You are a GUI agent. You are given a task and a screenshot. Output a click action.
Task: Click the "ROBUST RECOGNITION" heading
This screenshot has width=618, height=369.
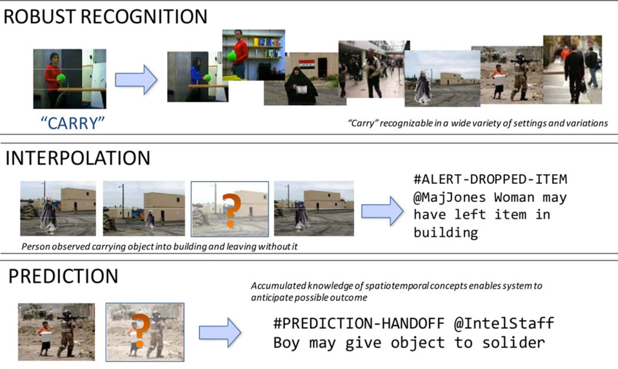[x=106, y=16]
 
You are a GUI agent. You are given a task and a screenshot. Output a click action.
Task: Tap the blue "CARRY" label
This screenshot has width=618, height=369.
[x=72, y=123]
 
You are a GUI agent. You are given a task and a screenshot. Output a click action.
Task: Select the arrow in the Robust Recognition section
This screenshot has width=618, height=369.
[x=136, y=79]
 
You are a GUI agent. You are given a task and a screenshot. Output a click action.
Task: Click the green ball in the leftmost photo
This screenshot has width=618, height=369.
[x=61, y=78]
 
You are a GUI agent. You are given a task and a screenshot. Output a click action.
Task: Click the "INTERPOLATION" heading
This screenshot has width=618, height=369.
[x=77, y=158]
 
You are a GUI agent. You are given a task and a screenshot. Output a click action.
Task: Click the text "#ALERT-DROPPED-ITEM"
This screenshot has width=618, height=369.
[x=490, y=179]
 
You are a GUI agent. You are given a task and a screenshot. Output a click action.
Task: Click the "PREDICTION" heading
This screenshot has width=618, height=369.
[x=63, y=276]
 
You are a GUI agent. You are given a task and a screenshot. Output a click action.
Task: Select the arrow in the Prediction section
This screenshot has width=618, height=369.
[x=219, y=333]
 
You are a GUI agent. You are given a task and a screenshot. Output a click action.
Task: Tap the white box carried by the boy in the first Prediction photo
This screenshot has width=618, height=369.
[x=45, y=335]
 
